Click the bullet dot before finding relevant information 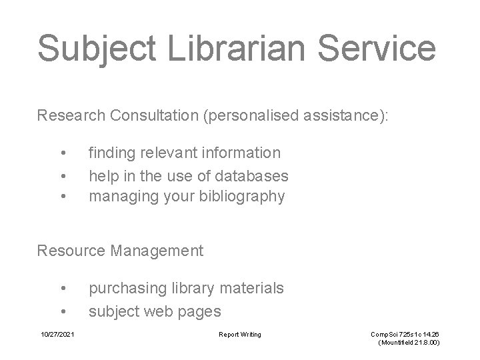click(63, 153)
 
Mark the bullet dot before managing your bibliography click(63, 196)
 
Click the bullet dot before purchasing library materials click(63, 288)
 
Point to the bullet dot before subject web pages click(63, 310)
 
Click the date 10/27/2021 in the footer click(57, 334)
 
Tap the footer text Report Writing click(240, 334)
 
